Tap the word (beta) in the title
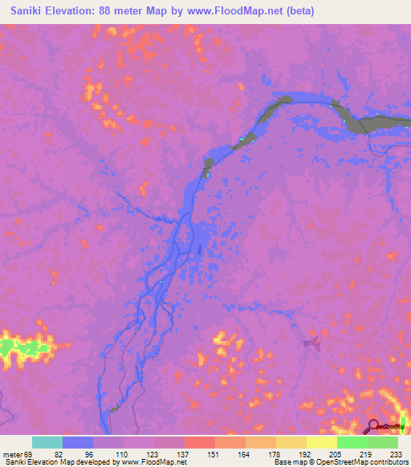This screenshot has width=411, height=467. pyautogui.click(x=298, y=10)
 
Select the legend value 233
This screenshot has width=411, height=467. pyautogui.click(x=397, y=453)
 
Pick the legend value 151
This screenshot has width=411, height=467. pyautogui.click(x=214, y=453)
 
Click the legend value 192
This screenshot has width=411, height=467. pyautogui.click(x=305, y=453)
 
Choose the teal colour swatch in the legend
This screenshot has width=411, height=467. pyautogui.click(x=47, y=442)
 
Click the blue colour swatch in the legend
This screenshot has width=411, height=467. pyautogui.click(x=77, y=442)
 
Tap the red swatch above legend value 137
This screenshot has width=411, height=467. pyautogui.click(x=199, y=442)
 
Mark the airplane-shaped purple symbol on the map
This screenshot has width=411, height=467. pyautogui.click(x=311, y=343)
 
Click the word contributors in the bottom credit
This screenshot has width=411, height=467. pyautogui.click(x=387, y=462)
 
